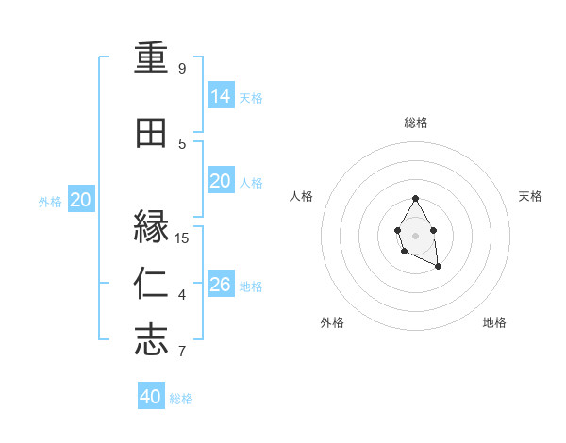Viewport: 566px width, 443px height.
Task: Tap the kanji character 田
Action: (x=151, y=134)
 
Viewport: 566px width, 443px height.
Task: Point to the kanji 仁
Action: (x=151, y=284)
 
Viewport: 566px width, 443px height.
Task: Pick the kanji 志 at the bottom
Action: (x=151, y=340)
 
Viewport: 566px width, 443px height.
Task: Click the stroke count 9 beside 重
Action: (x=182, y=69)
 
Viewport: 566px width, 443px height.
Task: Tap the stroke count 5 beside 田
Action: (x=182, y=143)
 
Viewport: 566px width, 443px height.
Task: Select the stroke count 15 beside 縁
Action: (x=182, y=238)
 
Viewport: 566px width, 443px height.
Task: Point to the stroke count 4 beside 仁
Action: (x=182, y=295)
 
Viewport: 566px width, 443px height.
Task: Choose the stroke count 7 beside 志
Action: (x=182, y=352)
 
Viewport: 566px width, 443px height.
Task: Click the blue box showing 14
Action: (x=221, y=95)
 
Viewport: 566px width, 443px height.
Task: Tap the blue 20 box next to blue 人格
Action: (x=221, y=181)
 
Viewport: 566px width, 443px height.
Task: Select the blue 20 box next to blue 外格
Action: (x=81, y=199)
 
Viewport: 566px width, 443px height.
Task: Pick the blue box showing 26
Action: (x=221, y=284)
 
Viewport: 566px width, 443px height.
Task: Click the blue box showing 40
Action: (x=151, y=397)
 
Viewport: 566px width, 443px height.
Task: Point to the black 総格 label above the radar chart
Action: (x=416, y=123)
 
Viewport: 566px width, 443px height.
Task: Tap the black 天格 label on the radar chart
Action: (x=531, y=196)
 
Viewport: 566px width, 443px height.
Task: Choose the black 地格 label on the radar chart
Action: (x=494, y=322)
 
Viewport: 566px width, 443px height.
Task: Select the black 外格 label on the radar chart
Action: (x=332, y=322)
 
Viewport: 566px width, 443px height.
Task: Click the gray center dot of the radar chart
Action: (x=415, y=235)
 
